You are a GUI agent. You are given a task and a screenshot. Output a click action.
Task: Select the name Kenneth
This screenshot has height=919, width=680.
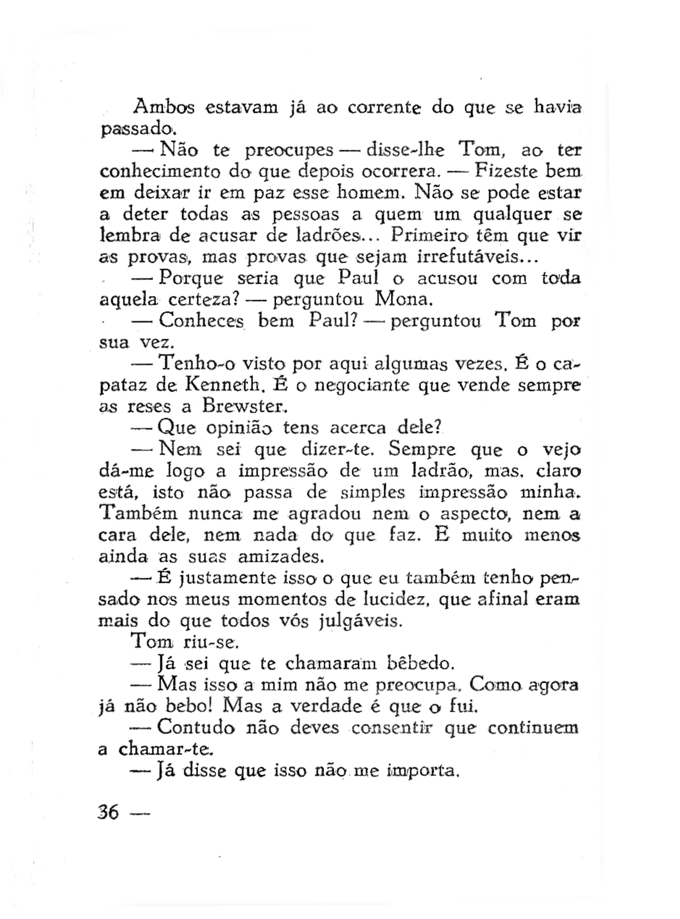222,385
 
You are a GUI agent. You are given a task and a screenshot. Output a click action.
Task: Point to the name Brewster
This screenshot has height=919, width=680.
244,406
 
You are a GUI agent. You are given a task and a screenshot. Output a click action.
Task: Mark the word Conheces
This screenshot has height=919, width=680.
201,321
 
